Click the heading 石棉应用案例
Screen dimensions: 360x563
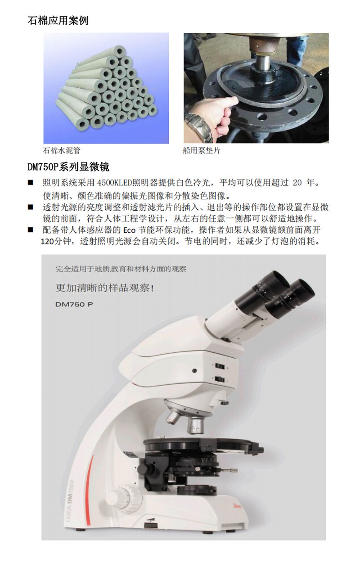click(58, 20)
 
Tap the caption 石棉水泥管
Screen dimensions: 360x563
click(62, 150)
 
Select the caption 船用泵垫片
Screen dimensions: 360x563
click(202, 150)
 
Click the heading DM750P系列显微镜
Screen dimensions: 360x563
click(68, 167)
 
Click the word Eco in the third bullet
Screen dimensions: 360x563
click(129, 230)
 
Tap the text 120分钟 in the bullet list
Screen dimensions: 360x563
click(56, 241)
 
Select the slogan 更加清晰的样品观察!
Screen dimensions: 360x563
click(104, 288)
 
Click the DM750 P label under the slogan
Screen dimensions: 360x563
click(74, 304)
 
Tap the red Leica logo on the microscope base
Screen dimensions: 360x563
click(237, 505)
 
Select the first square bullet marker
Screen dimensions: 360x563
click(31, 182)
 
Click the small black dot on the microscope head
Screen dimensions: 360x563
click(194, 370)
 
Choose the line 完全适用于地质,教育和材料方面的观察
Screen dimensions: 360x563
click(121, 269)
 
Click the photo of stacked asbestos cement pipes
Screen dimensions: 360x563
click(106, 88)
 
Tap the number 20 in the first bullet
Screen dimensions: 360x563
click(297, 182)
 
